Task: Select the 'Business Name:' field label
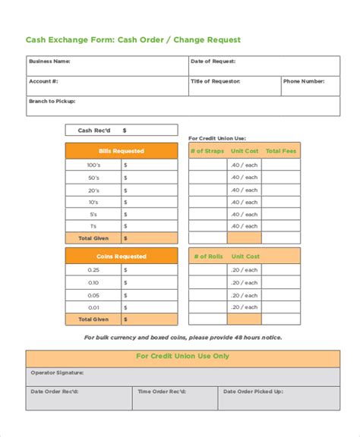(49, 61)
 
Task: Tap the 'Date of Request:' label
(213, 61)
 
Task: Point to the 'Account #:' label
(43, 81)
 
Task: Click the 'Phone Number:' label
(305, 81)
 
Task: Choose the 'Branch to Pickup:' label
(52, 101)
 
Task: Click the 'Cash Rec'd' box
(122, 130)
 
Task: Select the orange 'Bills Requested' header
(122, 151)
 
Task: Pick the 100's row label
(93, 165)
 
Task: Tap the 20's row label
(93, 190)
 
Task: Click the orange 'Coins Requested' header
(122, 256)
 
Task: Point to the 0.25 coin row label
(93, 270)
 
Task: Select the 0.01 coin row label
(93, 307)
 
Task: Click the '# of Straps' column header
(207, 151)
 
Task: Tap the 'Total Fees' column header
(281, 151)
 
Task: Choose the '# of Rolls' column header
(207, 256)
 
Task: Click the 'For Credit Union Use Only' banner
(182, 356)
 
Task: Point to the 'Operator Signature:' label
(57, 373)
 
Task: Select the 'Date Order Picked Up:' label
(253, 391)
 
